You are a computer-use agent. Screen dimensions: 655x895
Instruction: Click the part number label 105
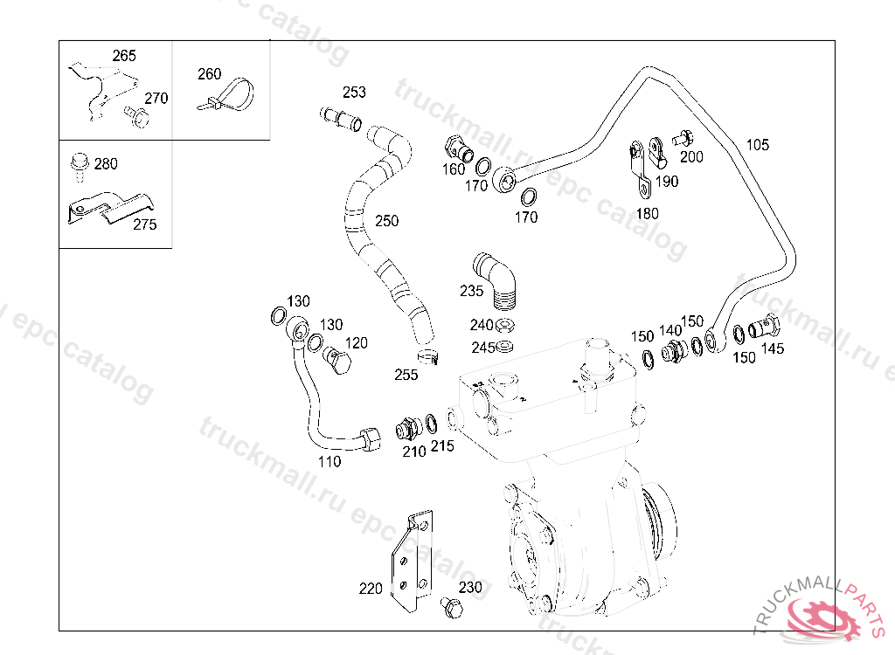tap(758, 145)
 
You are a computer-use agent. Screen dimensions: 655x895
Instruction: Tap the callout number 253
tap(354, 93)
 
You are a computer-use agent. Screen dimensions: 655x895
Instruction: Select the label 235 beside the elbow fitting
tap(471, 291)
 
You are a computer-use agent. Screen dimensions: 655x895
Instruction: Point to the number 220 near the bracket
tap(371, 589)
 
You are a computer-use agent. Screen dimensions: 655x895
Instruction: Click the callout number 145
tap(773, 348)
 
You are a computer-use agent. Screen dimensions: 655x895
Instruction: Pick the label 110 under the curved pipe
tap(330, 461)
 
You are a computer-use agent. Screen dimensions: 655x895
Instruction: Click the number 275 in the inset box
tap(145, 225)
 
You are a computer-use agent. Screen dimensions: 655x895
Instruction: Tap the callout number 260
tap(210, 74)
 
